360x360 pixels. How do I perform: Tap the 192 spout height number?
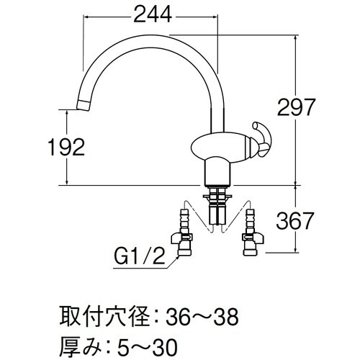click(x=67, y=147)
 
